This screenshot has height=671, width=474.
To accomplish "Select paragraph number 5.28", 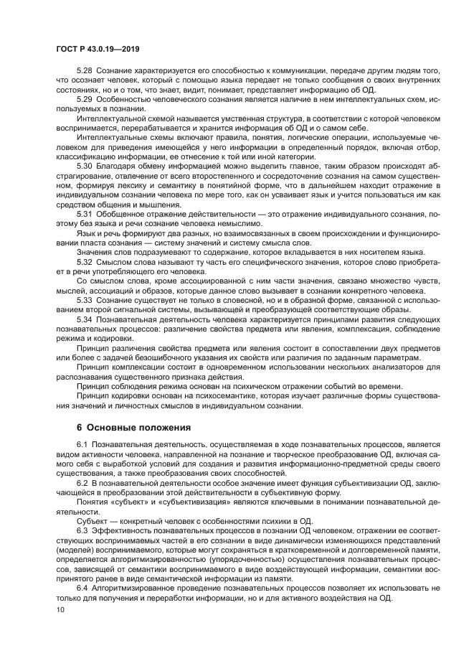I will tap(84, 72).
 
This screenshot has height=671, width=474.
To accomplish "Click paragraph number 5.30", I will tap(84, 164).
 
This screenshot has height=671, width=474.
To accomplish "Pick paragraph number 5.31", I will tap(84, 215).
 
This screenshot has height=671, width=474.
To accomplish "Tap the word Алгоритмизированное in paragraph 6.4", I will tap(137, 588).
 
